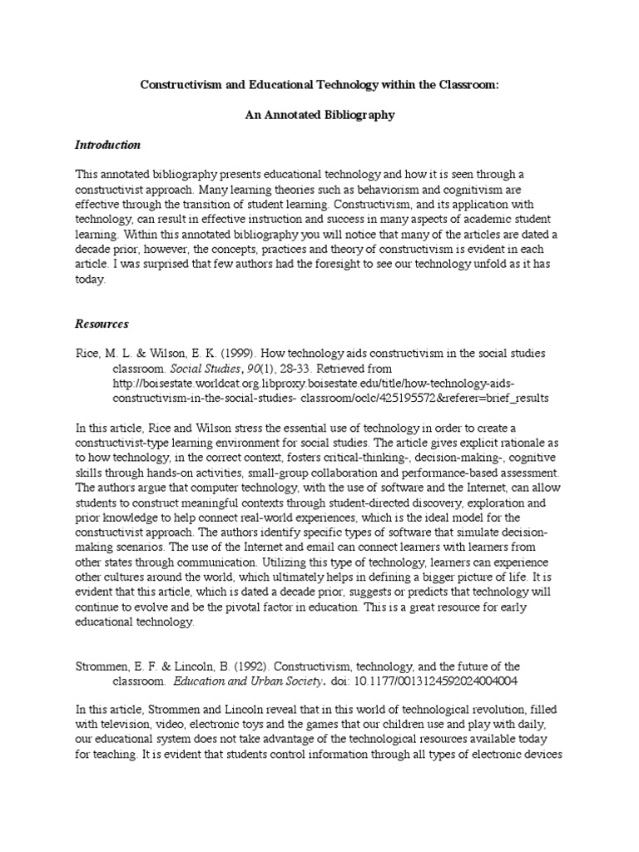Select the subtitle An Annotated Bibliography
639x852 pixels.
tap(319, 115)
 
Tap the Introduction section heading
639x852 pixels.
tap(108, 145)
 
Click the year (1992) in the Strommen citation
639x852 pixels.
tap(250, 666)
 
